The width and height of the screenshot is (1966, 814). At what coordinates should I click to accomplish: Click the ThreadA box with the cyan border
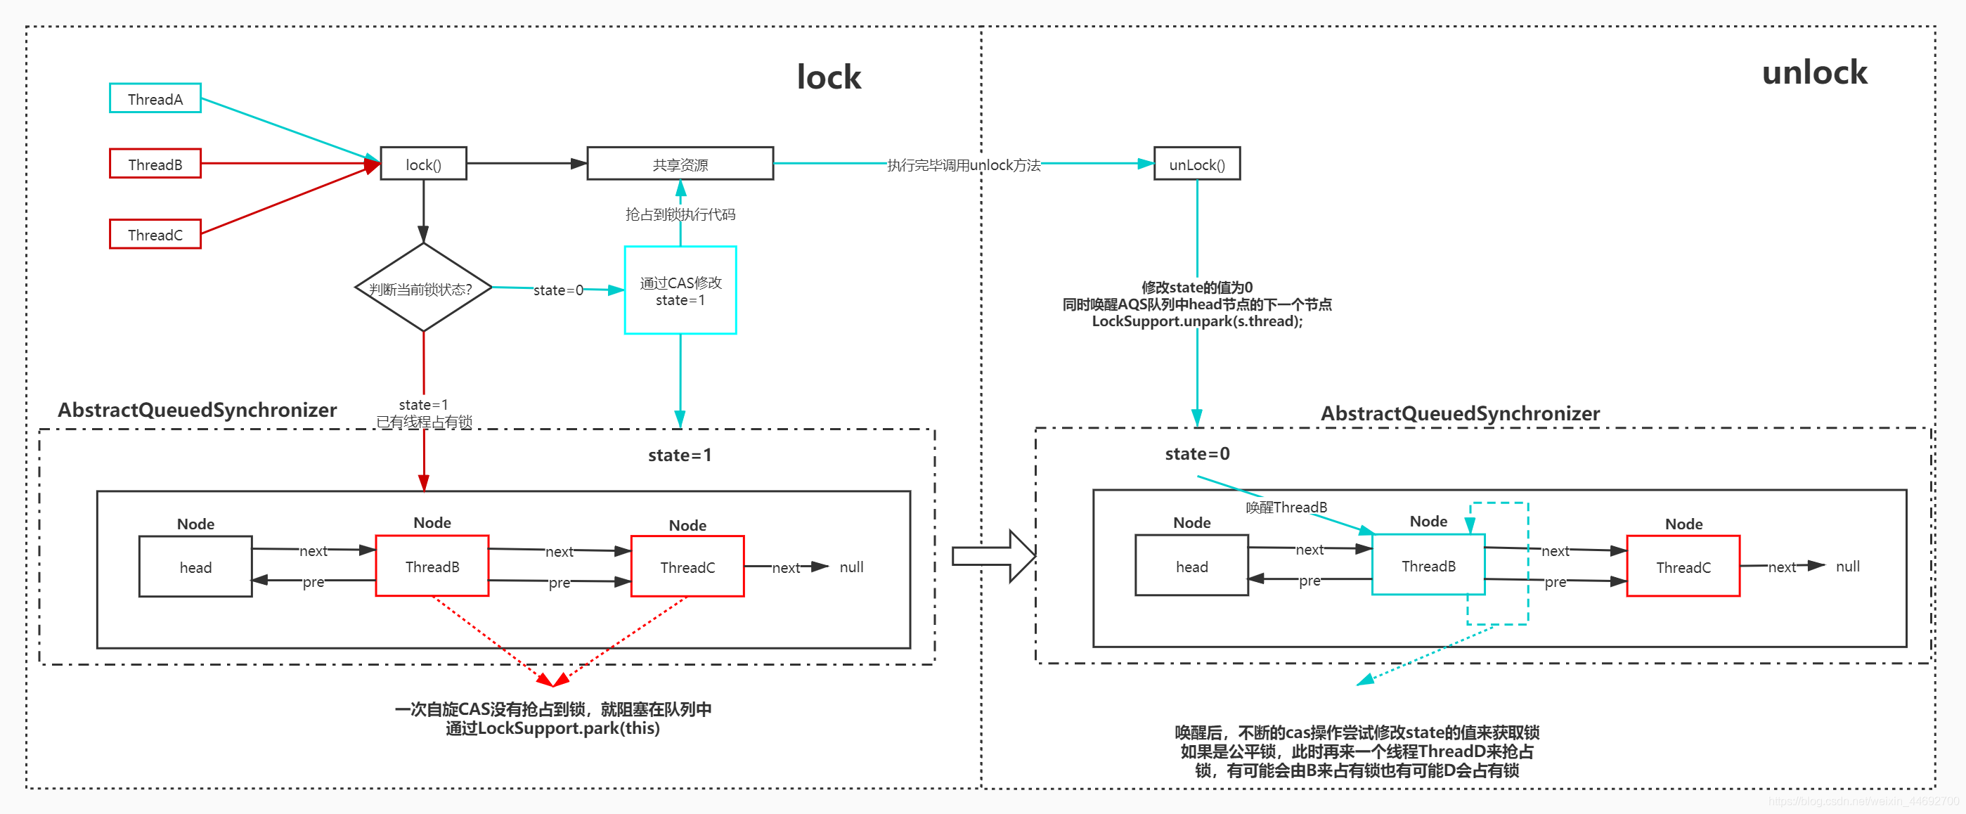155,98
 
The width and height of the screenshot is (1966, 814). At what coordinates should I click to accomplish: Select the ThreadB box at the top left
155,164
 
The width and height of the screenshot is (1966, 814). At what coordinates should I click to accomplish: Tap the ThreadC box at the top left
155,234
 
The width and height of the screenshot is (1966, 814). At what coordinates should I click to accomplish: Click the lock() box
423,164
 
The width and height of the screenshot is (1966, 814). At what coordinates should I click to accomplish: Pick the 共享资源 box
679,164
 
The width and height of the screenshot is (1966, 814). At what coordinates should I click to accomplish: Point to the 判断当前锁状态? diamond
423,288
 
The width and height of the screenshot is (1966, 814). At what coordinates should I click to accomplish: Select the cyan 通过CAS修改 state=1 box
679,290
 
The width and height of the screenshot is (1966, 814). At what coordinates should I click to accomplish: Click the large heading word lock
828,77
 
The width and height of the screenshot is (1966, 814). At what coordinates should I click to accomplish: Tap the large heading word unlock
1813,72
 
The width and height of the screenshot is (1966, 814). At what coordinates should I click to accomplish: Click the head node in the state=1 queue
195,567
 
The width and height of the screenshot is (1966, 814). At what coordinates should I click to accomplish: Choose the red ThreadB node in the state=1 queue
432,566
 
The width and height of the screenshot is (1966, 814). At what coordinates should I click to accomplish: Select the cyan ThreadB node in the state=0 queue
1428,565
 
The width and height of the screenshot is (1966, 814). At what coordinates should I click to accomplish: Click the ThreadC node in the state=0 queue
1683,567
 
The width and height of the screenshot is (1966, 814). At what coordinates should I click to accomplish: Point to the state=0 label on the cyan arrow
558,290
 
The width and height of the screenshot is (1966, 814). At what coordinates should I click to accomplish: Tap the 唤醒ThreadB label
1286,508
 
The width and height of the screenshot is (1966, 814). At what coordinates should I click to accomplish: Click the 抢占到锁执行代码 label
679,214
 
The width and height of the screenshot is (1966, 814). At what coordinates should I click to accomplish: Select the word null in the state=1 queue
851,567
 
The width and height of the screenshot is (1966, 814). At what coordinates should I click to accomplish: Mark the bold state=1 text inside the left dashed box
679,456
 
